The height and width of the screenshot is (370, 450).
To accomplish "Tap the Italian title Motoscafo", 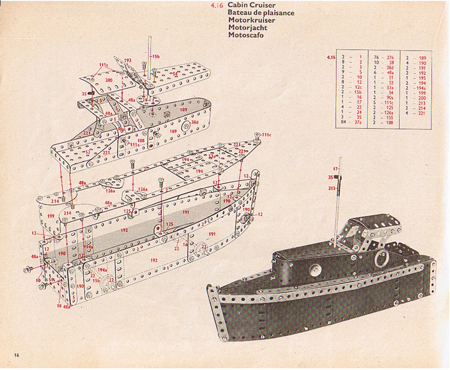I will pos(245,35).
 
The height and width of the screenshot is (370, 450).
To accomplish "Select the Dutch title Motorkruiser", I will pos(251,20).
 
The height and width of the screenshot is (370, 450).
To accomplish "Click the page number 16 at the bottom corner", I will pos(16,356).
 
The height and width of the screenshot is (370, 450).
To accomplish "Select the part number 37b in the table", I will pos(390,58).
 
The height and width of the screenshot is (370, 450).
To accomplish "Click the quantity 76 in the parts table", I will pos(376,58).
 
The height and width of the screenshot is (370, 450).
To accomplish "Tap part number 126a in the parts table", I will pos(390,113).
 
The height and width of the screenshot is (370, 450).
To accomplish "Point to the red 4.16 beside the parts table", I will pos(331,58).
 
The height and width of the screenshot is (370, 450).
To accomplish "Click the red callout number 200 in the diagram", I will pos(109,80).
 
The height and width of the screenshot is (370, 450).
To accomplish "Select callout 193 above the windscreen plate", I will pos(127,60).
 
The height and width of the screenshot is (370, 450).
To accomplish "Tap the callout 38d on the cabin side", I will pos(195,122).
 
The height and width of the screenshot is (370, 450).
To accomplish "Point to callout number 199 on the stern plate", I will pos(50,217).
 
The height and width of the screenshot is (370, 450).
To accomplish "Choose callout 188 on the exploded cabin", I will pos(141,140).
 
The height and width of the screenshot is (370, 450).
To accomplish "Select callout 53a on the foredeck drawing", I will pos(212,157).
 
